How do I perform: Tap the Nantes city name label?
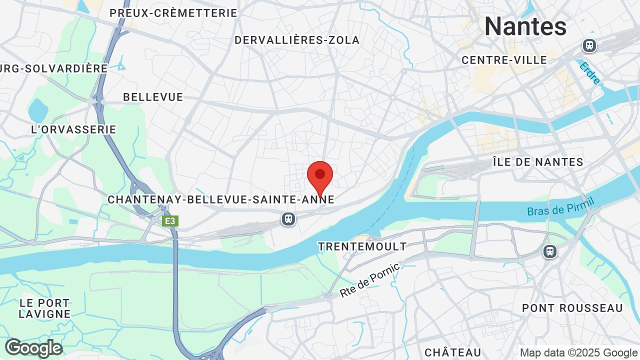[x=525, y=26]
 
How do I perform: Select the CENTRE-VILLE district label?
[x=504, y=60]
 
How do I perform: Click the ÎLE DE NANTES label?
[x=537, y=162]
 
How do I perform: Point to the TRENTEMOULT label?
[x=362, y=246]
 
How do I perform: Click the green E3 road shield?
[x=170, y=220]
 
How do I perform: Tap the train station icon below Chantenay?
[x=288, y=219]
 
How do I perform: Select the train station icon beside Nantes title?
[x=590, y=45]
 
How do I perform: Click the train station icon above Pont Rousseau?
[x=550, y=251]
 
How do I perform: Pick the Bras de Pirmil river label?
[x=560, y=206]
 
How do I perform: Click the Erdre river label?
[x=590, y=72]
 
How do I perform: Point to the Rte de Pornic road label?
[x=369, y=280]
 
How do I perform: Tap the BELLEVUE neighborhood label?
[x=153, y=97]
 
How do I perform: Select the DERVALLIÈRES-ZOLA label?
[x=297, y=40]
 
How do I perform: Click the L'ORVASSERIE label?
[x=73, y=129]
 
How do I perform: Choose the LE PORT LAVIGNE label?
[x=44, y=308]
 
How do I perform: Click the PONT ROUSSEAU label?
[x=572, y=308]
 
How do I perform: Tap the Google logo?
[x=33, y=348]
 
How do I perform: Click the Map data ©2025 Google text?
[x=579, y=352]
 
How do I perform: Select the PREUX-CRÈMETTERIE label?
[x=173, y=13]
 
